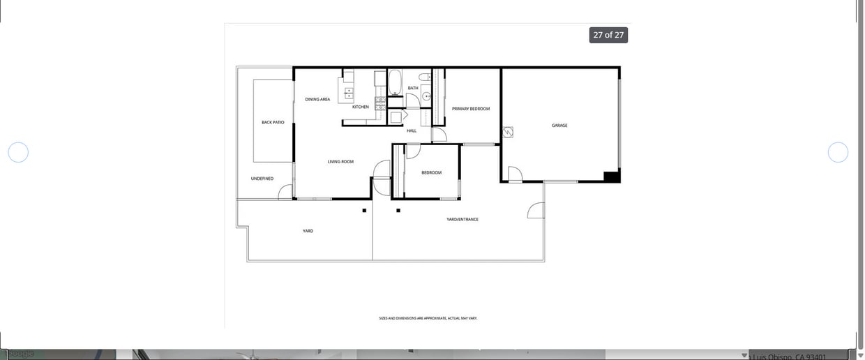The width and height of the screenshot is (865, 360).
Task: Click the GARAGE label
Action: pyautogui.click(x=559, y=126)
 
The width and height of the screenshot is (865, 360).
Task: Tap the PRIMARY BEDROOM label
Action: pyautogui.click(x=471, y=109)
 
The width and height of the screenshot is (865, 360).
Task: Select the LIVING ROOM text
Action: pyautogui.click(x=340, y=162)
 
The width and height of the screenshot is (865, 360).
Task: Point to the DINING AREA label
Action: pyautogui.click(x=317, y=100)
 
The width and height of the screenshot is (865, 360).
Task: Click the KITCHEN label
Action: pyautogui.click(x=361, y=107)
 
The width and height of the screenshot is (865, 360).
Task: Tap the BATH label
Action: pyautogui.click(x=413, y=88)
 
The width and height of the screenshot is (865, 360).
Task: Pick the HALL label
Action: pyautogui.click(x=412, y=130)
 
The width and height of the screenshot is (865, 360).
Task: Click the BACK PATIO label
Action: pyautogui.click(x=273, y=123)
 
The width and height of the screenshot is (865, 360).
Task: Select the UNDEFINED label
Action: pyautogui.click(x=262, y=179)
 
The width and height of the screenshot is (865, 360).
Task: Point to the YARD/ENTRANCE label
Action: pyautogui.click(x=462, y=220)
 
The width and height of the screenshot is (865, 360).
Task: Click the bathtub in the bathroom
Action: pyautogui.click(x=395, y=82)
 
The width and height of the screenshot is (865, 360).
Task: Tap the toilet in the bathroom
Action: pyautogui.click(x=423, y=77)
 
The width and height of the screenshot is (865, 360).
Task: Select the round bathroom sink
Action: pyautogui.click(x=426, y=96)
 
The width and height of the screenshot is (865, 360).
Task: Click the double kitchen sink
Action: pyautogui.click(x=349, y=93)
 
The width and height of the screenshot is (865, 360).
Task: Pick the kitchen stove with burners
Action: pyautogui.click(x=380, y=103)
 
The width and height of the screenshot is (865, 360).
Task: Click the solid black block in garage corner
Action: pyautogui.click(x=612, y=177)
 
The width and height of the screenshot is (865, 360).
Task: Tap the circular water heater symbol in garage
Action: pyautogui.click(x=508, y=132)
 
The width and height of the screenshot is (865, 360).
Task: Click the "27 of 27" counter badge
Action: pyautogui.click(x=608, y=35)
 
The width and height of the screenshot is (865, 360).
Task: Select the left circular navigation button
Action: pyautogui.click(x=18, y=152)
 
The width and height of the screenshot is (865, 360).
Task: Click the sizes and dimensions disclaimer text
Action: pyautogui.click(x=428, y=318)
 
